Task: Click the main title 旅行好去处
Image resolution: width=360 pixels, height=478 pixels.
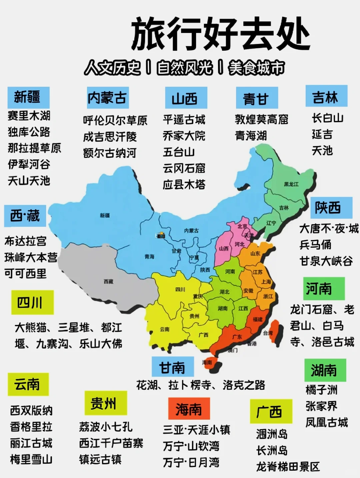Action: (220, 34)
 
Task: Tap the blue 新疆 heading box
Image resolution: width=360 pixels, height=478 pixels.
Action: (28, 97)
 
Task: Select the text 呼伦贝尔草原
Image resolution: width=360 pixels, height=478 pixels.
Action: (115, 120)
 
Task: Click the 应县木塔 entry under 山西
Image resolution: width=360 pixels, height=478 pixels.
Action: (184, 184)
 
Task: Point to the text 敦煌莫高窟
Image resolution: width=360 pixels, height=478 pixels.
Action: (261, 119)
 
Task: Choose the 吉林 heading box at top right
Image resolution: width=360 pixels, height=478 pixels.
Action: (326, 96)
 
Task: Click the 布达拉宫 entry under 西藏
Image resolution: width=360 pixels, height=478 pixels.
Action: (25, 241)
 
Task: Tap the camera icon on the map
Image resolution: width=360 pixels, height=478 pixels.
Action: (161, 235)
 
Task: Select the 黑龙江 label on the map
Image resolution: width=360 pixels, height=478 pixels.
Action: (291, 184)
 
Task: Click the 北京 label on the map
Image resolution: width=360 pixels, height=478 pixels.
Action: (242, 226)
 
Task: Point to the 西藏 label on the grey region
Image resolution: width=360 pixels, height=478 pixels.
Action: (108, 282)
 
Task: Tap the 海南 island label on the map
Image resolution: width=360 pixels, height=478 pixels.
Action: (207, 362)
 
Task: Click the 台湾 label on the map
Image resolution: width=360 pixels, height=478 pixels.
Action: (268, 333)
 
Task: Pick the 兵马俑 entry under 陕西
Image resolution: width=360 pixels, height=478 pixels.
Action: (315, 245)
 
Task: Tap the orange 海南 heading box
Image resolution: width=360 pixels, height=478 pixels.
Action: (189, 409)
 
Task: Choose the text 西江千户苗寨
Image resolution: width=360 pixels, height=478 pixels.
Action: (111, 443)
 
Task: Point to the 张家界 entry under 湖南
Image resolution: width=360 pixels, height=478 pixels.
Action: (321, 406)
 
